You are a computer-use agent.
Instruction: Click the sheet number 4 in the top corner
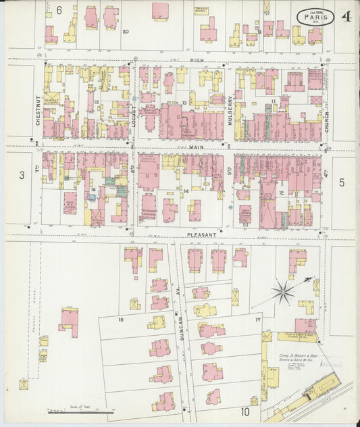pos(345,15)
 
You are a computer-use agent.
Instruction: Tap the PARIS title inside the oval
pos(315,16)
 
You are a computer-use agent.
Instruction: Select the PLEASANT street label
pos(201,235)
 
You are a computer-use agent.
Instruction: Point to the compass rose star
pos(284,293)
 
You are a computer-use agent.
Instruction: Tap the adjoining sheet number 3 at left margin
pos(22,175)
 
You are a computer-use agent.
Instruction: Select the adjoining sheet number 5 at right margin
pos(342,182)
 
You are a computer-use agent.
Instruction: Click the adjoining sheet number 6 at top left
pos(59,9)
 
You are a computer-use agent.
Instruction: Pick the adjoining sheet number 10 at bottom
pos(245,411)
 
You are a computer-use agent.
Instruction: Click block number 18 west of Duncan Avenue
pos(121,319)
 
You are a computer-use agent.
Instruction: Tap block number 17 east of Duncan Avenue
pos(257,319)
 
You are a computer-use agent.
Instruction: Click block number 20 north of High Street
pos(126,31)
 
